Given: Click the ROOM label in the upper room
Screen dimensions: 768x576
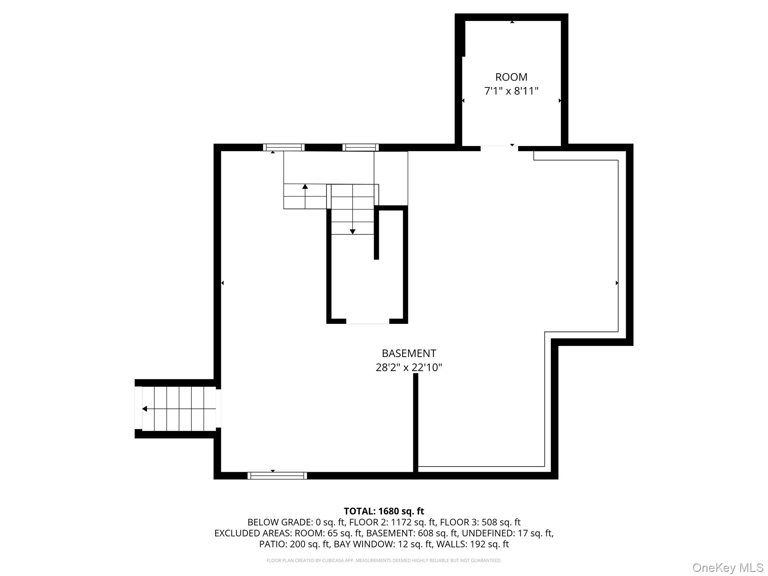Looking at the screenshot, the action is (x=511, y=77).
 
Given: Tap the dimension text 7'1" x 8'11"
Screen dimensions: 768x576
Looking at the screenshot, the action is (x=511, y=91).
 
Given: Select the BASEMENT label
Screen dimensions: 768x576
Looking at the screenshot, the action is (x=409, y=354).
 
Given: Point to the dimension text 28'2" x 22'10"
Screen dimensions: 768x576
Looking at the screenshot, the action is (x=409, y=367).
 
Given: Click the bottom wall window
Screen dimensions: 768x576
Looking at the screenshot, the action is (x=277, y=475).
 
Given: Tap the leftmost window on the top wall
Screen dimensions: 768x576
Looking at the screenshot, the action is (x=283, y=147).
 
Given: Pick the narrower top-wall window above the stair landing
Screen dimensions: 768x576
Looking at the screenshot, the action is (x=360, y=147).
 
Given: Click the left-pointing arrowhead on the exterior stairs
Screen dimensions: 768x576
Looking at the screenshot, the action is (x=144, y=409).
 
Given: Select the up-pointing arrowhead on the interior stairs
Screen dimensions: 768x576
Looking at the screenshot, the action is (x=305, y=186).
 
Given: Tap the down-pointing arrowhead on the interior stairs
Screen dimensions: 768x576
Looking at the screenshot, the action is (x=352, y=232).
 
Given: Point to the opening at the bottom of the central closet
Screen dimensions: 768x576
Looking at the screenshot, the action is (x=367, y=321).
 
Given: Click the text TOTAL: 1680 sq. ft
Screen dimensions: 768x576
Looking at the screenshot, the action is (x=384, y=511).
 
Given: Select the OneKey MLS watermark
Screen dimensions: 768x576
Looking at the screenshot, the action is (x=728, y=567).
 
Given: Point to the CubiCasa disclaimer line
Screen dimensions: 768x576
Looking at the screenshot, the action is (x=384, y=561).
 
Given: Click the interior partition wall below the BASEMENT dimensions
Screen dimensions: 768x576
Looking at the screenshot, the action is (x=415, y=426).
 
